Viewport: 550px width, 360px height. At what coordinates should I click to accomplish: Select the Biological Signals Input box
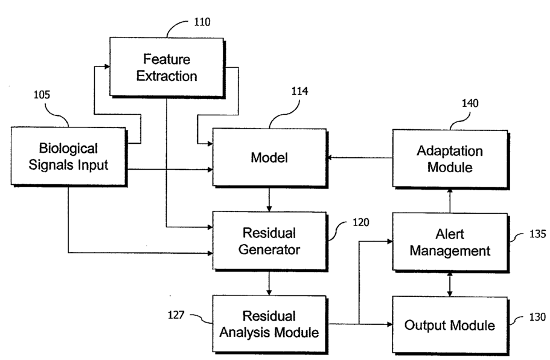click(68, 156)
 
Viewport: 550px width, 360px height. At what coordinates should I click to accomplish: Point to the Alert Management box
click(450, 242)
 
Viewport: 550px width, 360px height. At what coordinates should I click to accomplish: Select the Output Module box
click(450, 325)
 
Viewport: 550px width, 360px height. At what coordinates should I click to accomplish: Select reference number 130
click(536, 317)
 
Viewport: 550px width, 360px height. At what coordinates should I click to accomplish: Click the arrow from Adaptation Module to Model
click(360, 158)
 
